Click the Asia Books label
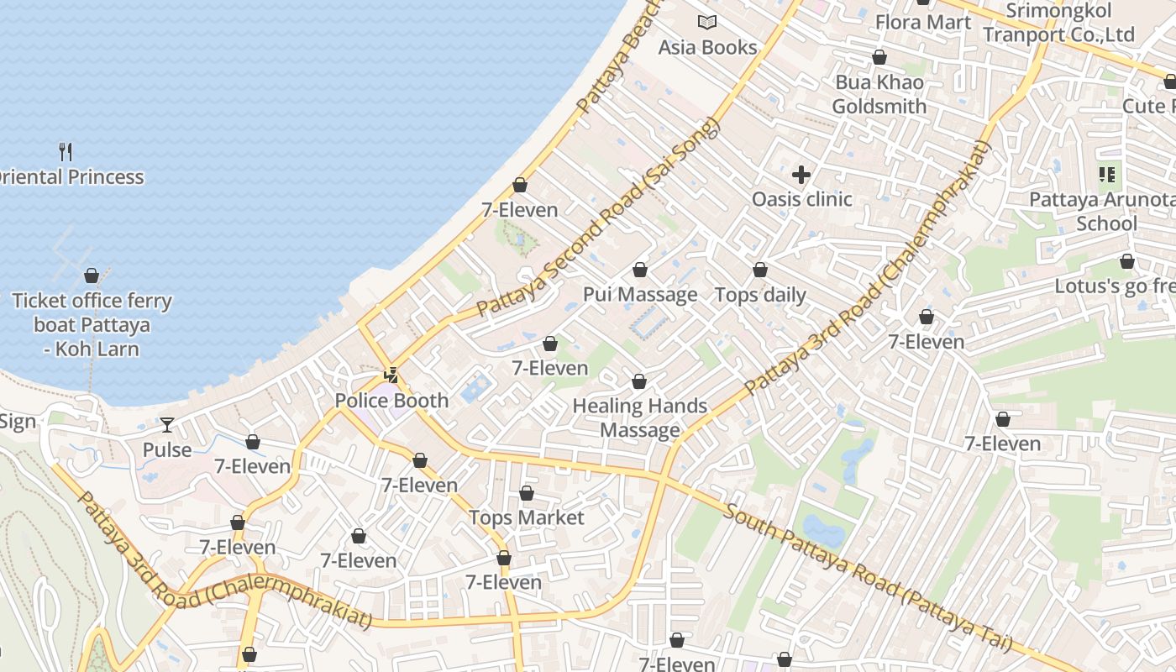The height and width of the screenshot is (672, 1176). click(707, 48)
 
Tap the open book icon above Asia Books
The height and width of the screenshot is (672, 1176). click(707, 23)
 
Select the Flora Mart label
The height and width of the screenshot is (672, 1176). click(923, 22)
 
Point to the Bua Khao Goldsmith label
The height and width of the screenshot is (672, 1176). click(879, 94)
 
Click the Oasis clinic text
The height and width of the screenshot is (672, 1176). click(801, 199)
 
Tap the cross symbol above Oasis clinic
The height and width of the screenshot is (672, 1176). click(801, 175)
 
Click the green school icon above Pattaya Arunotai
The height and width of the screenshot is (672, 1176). click(1106, 175)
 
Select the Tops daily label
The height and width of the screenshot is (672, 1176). click(760, 295)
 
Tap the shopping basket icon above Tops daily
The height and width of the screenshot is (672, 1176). click(760, 270)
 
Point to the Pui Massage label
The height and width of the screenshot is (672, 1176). click(640, 294)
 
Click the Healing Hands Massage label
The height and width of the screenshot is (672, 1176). click(640, 417)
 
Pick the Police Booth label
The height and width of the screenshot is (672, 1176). click(391, 400)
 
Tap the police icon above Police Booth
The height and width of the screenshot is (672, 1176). click(391, 375)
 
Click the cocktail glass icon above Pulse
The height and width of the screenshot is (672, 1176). click(167, 425)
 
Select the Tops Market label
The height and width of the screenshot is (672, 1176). click(526, 517)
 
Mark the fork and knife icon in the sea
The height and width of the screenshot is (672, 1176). click(66, 152)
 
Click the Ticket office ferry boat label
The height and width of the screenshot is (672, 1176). click(92, 324)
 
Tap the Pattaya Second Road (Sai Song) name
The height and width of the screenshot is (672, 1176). click(598, 218)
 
